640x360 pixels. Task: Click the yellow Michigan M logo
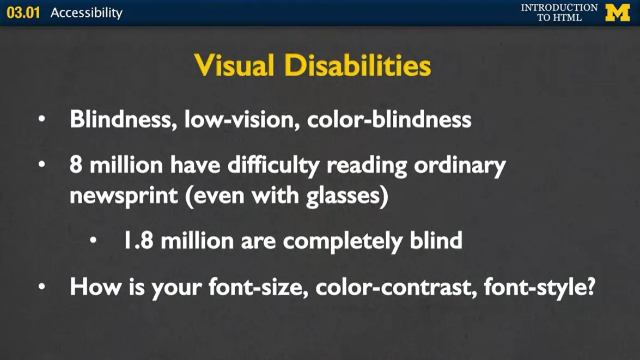click(x=617, y=13)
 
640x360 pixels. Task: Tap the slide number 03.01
click(x=23, y=13)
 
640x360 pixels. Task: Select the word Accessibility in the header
click(x=87, y=13)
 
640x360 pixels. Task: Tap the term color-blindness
click(x=389, y=119)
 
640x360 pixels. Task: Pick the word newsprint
click(x=124, y=196)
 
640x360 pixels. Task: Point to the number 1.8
click(x=139, y=240)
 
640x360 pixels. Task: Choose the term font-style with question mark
click(x=539, y=286)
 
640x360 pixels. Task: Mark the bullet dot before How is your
click(x=42, y=286)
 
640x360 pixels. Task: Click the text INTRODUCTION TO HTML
click(x=559, y=13)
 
